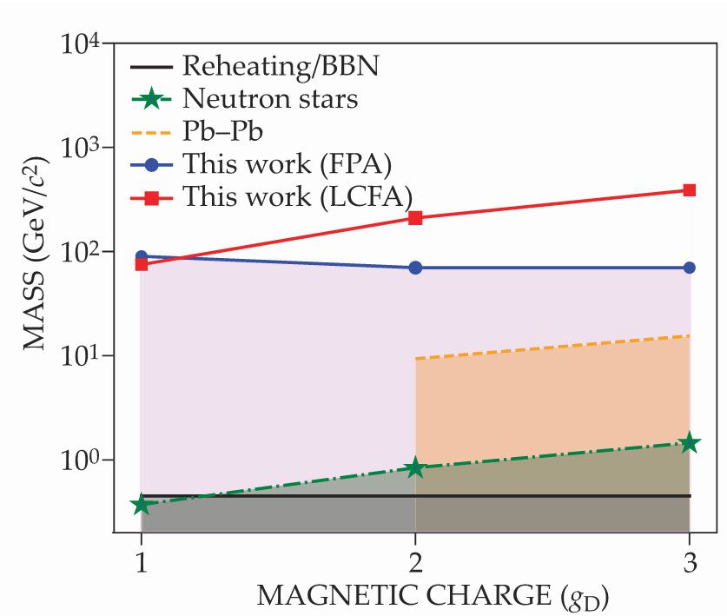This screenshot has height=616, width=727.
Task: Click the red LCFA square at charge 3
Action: (690, 190)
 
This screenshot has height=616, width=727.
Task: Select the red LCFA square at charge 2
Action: (415, 218)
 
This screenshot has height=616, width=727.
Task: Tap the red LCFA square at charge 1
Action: (141, 264)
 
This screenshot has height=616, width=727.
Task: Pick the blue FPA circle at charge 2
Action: (415, 268)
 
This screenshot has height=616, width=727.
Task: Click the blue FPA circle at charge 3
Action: (690, 268)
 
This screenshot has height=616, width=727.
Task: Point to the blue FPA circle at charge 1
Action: (141, 257)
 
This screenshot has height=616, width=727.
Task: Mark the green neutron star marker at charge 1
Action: (141, 505)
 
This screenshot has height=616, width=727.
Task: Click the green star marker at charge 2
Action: (415, 467)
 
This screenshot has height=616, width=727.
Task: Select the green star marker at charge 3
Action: (690, 443)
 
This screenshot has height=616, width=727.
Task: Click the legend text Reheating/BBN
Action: (281, 66)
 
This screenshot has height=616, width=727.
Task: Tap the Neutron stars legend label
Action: (270, 99)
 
